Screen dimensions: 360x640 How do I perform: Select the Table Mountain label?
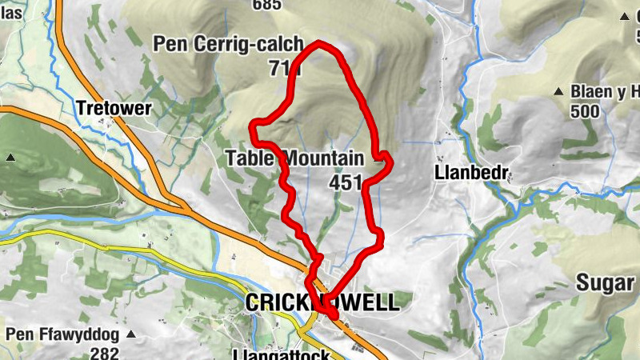pos(294,158)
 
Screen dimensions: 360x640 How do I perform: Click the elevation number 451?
pos(346,182)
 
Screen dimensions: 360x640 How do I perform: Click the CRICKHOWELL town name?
pos(321,302)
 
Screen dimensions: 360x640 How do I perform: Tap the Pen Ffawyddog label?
pos(62,334)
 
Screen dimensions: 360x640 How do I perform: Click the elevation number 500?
pos(586,110)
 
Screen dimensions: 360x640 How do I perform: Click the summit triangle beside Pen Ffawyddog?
pos(132,334)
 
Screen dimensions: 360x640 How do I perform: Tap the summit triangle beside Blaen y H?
pos(562,92)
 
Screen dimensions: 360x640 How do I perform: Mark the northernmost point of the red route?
pos(320,42)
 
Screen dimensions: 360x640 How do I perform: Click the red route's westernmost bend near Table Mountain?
pos(254,124)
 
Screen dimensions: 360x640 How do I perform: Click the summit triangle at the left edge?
pos(10,158)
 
